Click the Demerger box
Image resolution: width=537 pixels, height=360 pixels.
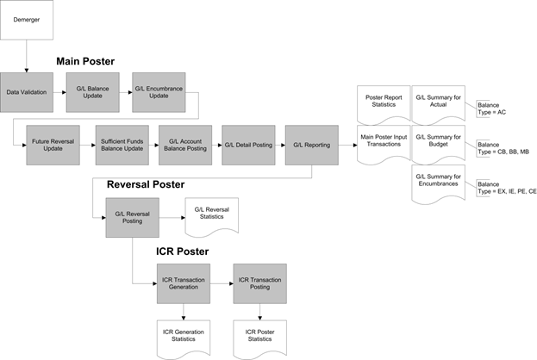pos(27,20)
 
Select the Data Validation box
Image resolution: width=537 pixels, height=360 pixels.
pos(27,92)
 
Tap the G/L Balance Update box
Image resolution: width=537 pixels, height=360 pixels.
pos(93,92)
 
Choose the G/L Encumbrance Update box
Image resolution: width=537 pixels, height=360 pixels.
pos(159,92)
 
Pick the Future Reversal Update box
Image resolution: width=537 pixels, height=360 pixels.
pos(53,145)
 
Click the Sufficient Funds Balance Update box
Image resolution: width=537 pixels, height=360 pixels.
pos(122,145)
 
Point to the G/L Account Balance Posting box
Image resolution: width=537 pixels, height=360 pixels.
pos(185,145)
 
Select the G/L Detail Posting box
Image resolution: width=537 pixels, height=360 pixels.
pos(248,145)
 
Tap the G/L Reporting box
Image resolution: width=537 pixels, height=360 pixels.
pos(312,145)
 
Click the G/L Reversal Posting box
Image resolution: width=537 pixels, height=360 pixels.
pos(133,218)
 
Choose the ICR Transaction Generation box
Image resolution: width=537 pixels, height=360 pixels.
pos(184,283)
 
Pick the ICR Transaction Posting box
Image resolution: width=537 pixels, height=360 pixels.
pos(260,283)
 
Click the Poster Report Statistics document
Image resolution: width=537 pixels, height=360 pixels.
pos(384,104)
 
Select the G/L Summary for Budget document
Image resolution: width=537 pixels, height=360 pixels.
pos(439,144)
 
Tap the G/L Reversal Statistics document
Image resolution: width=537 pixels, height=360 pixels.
pos(212,216)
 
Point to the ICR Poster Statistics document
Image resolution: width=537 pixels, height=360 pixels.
pos(260,338)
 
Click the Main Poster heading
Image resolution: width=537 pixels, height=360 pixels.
pos(85,61)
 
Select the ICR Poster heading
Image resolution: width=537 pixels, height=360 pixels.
pos(182,251)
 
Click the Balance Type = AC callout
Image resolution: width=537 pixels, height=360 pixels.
pos(491,109)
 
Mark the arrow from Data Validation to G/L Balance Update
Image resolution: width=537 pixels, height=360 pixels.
pos(59,92)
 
